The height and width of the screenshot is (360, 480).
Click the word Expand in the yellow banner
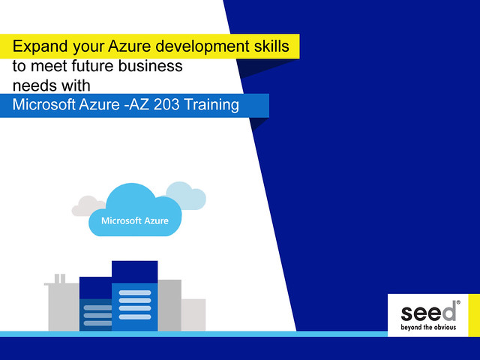tap(40, 46)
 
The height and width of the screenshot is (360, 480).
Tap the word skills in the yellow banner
tap(271, 46)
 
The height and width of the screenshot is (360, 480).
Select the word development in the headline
tap(202, 46)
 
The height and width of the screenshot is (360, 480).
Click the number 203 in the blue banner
tap(166, 104)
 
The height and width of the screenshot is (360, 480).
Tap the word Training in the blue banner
tap(211, 105)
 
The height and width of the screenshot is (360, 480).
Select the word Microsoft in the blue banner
tap(43, 104)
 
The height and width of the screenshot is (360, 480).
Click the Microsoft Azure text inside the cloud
tap(135, 220)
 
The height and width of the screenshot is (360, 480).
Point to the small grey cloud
tap(88, 205)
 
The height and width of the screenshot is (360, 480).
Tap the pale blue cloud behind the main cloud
tap(187, 196)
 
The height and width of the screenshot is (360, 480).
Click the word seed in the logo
tap(428, 312)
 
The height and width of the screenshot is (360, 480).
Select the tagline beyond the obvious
tap(428, 327)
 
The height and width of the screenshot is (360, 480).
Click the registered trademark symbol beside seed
tap(458, 302)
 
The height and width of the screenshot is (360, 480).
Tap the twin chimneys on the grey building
tap(60, 278)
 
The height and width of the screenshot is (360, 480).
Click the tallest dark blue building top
tap(135, 271)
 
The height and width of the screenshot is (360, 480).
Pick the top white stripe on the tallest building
tap(135, 292)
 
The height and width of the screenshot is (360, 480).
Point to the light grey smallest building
tap(193, 315)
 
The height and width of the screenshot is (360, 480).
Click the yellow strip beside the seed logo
tap(474, 315)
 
